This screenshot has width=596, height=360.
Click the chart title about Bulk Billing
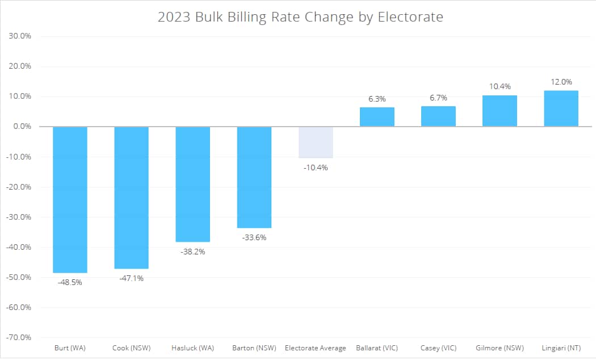pos(300,17)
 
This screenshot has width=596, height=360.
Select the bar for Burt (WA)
pos(70,199)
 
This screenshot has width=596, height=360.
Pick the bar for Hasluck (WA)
pos(192,184)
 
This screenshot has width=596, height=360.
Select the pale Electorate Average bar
pos(316,142)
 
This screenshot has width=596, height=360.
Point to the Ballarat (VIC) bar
pos(377,117)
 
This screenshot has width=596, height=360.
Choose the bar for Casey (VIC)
pos(438,116)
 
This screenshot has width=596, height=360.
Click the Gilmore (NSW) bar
pos(500,111)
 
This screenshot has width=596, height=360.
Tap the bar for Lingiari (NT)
pos(561,108)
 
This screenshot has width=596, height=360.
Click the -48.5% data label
pos(70,282)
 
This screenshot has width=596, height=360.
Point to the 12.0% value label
pos(561,82)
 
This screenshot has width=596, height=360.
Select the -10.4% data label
pos(316,168)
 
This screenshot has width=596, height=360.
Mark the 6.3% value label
pos(377,99)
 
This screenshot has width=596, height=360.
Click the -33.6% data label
pos(254,237)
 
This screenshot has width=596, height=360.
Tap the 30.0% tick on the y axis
pos(20,36)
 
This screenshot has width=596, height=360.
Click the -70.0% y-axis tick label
pos(19,337)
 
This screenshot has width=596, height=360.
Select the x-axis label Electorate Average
pos(316,348)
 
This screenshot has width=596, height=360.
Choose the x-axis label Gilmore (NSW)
pos(500,348)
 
